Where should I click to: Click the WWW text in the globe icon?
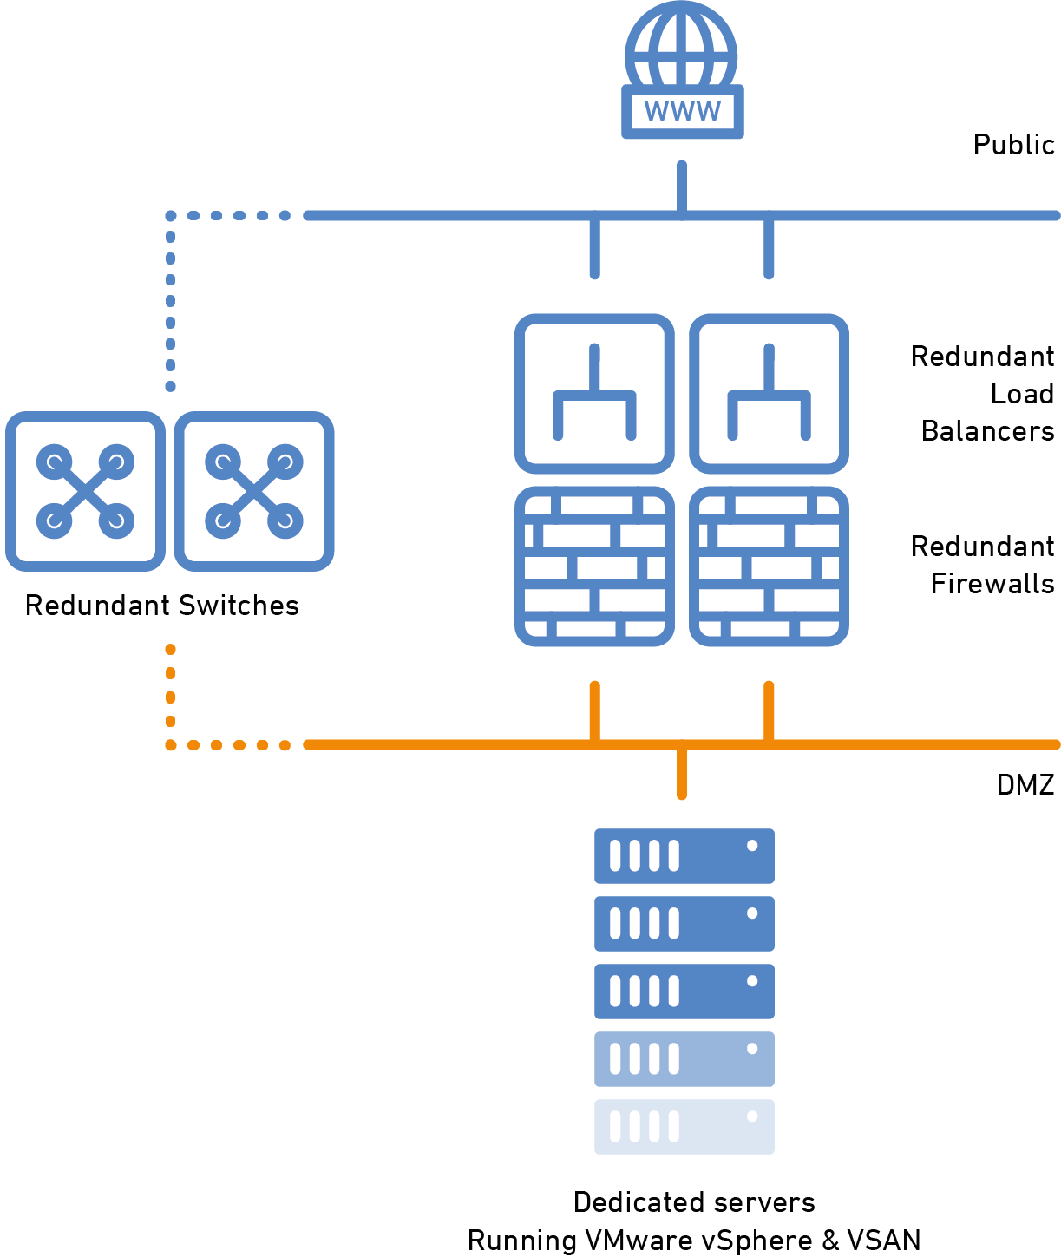[x=683, y=112]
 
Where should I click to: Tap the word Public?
[x=1013, y=145]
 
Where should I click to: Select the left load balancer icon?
[x=594, y=394]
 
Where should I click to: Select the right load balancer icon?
[x=769, y=394]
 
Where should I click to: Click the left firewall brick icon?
[x=594, y=566]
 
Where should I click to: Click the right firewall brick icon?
[x=769, y=566]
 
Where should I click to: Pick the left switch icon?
[x=85, y=491]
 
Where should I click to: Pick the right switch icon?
[x=254, y=491]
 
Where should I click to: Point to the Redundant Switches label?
[x=162, y=606]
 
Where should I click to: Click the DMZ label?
[x=1025, y=785]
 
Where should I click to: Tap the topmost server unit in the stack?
[x=684, y=856]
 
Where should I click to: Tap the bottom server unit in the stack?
[x=684, y=1127]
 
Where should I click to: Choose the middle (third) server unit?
[x=684, y=992]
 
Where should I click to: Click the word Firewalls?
[x=992, y=584]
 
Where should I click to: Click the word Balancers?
[x=987, y=431]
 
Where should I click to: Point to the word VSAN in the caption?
[x=883, y=1241]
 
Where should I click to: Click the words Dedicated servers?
[x=694, y=1202]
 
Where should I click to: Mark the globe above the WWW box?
[x=682, y=45]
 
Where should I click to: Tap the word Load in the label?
[x=1022, y=394]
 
